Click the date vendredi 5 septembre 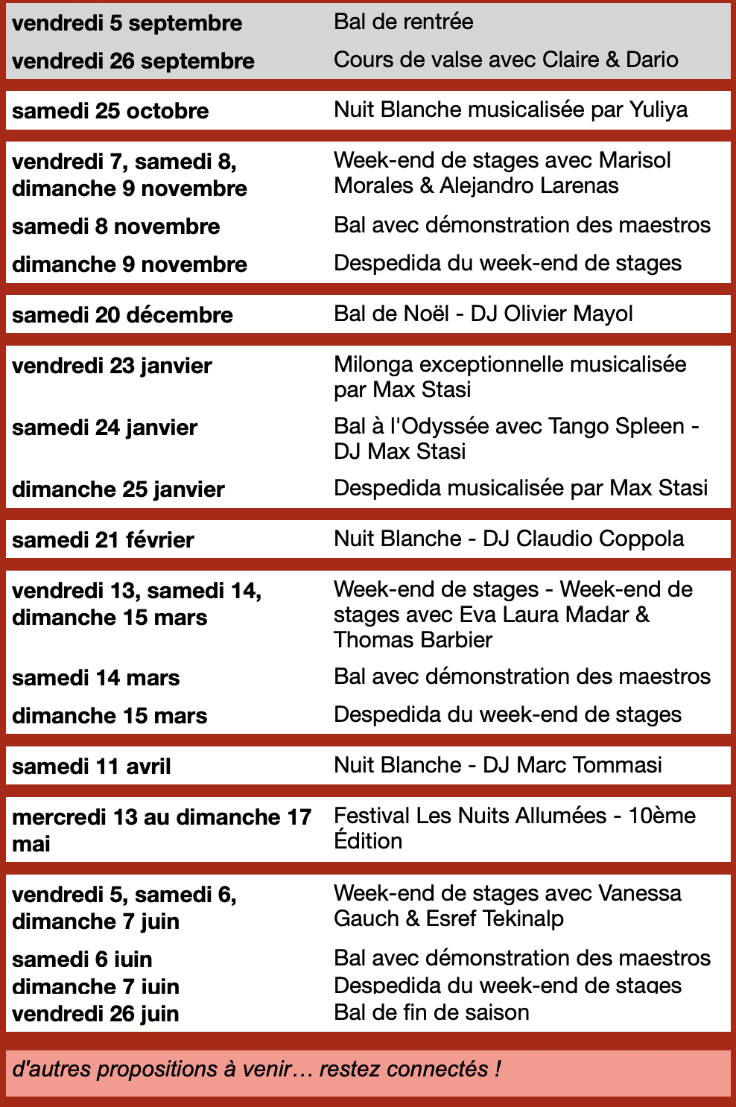[127, 23]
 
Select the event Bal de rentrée [403, 22]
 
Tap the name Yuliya [659, 110]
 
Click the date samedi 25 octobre [110, 111]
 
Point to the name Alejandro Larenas [529, 185]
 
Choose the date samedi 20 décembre [122, 315]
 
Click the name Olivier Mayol [568, 314]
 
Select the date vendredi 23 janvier [112, 366]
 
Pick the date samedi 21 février [103, 540]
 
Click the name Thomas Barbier [413, 640]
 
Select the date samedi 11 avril [92, 767]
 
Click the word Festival [372, 816]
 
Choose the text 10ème [662, 816]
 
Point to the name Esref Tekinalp [495, 919]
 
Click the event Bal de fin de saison [431, 1012]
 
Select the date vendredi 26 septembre [133, 61]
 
